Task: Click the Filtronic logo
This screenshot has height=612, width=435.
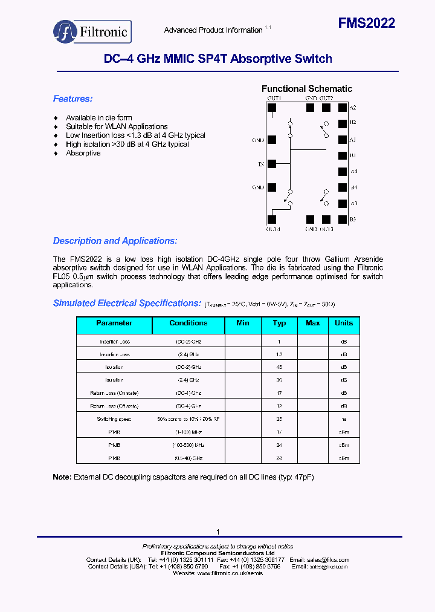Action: coord(92,31)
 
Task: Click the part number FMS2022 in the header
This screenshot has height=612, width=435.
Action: coord(366,24)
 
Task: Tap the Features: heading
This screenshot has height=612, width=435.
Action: coord(72,99)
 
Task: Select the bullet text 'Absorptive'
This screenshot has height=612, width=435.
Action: coord(83,153)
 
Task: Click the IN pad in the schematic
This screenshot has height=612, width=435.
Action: coord(272,164)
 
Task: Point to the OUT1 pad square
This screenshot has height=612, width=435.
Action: coord(272,108)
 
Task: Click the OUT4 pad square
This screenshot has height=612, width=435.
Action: coord(272,220)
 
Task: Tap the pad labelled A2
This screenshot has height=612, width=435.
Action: coord(343,108)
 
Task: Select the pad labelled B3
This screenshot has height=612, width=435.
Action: coord(343,220)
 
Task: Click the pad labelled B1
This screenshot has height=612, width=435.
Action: coord(343,155)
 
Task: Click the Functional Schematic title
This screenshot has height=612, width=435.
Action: coord(306,89)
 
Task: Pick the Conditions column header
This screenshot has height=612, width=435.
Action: coord(188,323)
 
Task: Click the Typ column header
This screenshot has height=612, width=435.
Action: coord(279,323)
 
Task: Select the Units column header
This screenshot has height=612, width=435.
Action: coord(344,323)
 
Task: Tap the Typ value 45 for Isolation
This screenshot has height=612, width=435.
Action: coord(279,367)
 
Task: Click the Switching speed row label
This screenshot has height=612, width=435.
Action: coord(114,419)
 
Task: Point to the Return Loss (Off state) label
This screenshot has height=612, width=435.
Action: coord(114,406)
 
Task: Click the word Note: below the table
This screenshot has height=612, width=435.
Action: coord(62,477)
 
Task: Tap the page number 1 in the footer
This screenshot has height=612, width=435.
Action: coord(217,532)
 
